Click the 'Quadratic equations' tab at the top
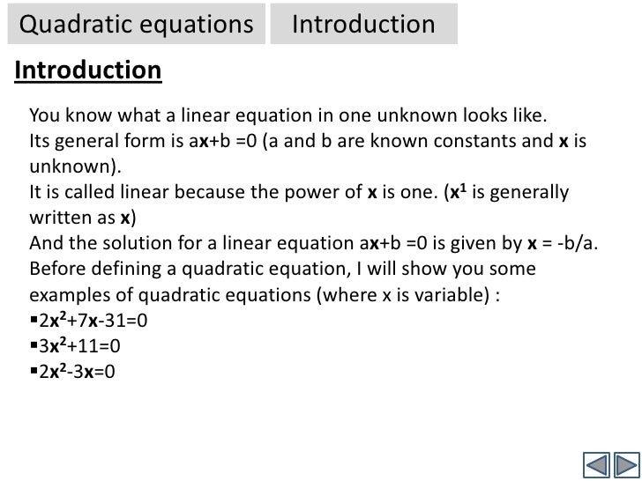tap(136, 25)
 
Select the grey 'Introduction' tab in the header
tap(363, 25)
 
